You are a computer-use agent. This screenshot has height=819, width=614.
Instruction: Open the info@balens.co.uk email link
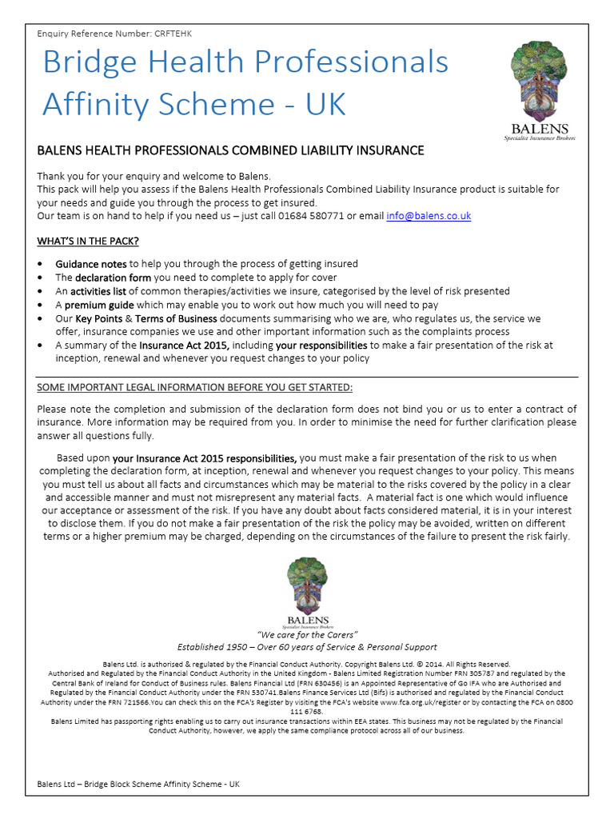429,216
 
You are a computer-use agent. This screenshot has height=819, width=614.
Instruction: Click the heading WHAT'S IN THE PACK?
93,241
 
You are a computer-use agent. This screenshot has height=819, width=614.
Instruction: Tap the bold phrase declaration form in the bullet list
114,278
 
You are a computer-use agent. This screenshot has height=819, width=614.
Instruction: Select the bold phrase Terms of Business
171,318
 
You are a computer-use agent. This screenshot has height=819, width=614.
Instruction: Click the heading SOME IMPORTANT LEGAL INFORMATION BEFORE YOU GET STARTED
194,389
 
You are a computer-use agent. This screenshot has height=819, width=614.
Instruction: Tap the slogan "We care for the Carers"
307,635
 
